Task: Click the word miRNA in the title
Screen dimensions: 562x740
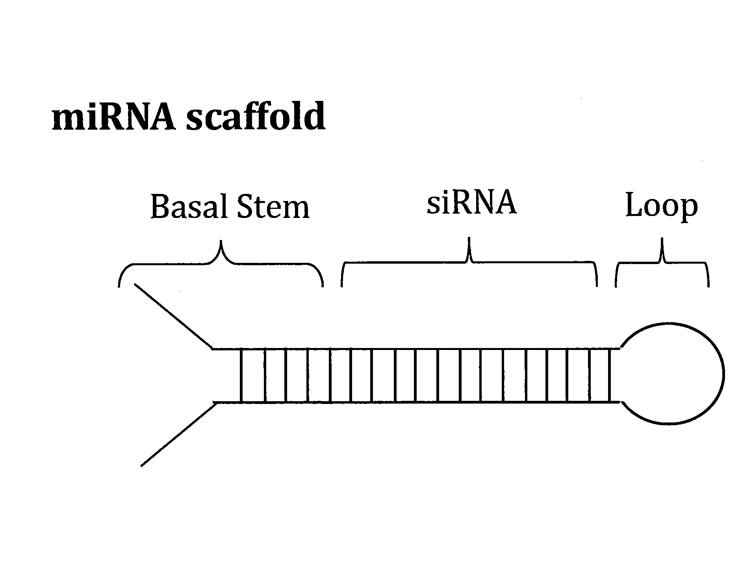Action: coord(114,117)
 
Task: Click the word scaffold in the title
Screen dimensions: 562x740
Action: coord(256,117)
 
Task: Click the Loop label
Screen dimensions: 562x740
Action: coord(661,207)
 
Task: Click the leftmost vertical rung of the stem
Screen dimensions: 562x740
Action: coord(241,376)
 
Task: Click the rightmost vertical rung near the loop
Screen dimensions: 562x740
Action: coord(610,376)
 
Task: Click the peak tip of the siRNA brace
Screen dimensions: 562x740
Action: coord(469,238)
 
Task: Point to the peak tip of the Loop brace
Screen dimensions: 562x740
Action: coord(662,239)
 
